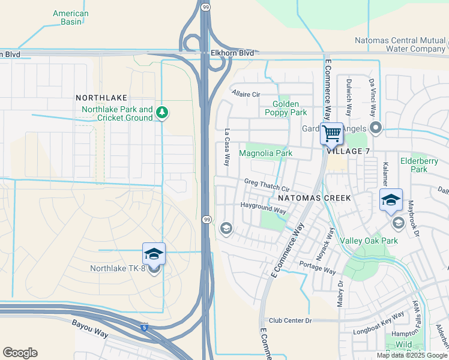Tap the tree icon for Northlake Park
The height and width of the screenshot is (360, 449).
coord(161,112)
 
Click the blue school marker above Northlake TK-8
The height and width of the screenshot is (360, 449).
coord(154,254)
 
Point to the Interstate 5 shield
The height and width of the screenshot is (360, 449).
coord(144,328)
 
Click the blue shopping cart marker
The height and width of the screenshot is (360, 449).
coord(331,134)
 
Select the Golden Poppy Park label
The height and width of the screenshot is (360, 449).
coord(286,108)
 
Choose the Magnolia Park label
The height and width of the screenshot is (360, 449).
coord(265,153)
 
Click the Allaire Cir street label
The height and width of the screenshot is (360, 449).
coord(246,94)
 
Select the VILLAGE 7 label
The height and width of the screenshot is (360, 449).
coord(348,151)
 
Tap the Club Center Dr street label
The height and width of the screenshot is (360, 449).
coord(291,321)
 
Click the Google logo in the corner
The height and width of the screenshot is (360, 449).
coord(20,353)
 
